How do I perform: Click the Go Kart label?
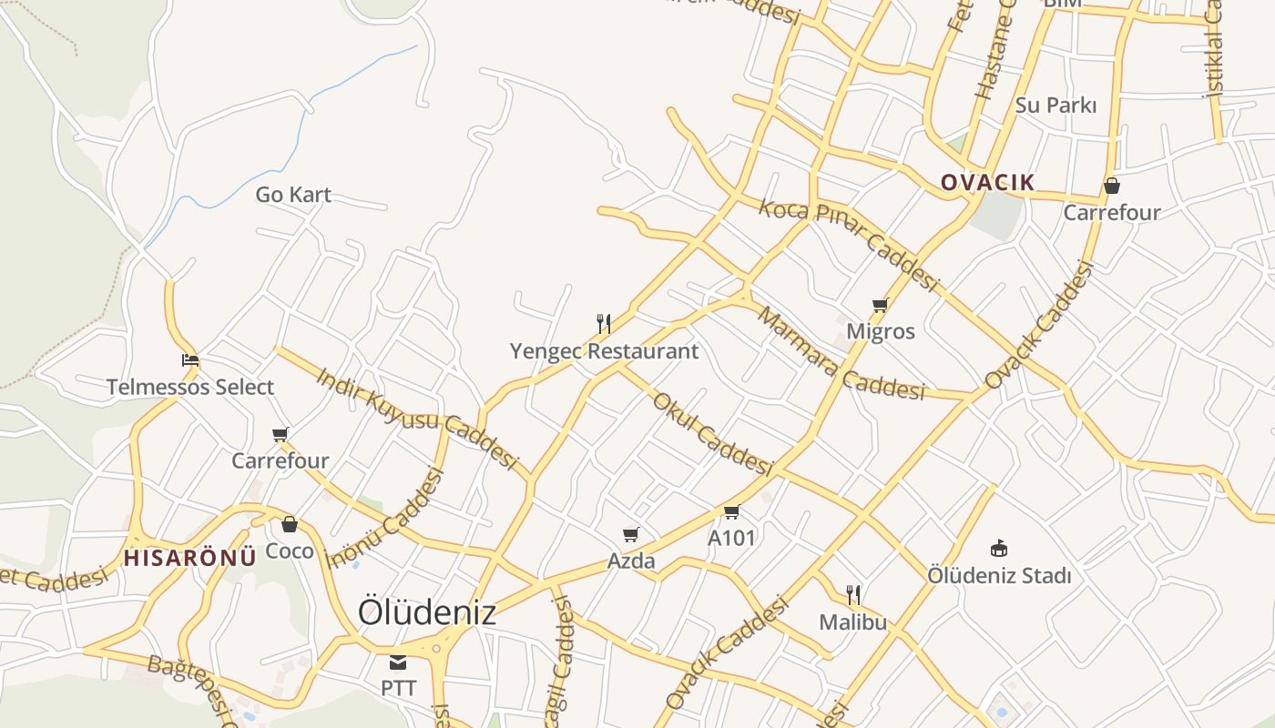tap(292, 195)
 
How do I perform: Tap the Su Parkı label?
tap(1056, 106)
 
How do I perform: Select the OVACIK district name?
tap(987, 182)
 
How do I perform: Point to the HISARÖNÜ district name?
tap(189, 558)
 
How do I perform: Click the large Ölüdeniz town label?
tap(426, 612)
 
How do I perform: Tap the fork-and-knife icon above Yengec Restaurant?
tap(603, 323)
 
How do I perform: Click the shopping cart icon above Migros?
tap(880, 306)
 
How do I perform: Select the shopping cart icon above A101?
tap(731, 512)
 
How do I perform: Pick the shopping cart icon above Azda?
tap(630, 534)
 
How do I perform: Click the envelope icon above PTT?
tap(398, 662)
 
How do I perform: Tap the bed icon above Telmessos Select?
tap(190, 360)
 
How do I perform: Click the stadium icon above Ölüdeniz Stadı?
tap(999, 548)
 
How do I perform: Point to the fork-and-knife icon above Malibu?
tap(853, 595)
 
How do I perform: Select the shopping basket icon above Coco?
tap(290, 524)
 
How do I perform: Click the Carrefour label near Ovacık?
tap(1112, 213)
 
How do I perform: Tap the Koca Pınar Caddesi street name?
tap(848, 245)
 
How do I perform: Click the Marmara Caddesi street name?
tap(840, 355)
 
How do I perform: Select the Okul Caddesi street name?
tap(713, 433)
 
